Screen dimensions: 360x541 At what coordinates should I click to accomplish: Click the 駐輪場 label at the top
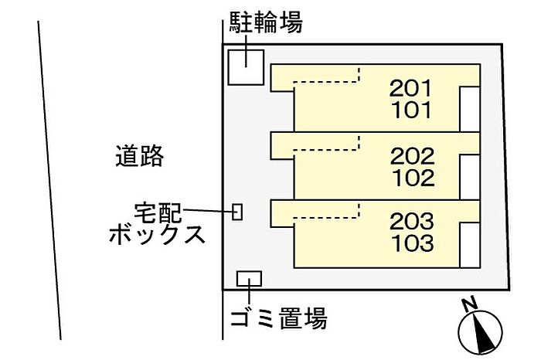tap(265, 23)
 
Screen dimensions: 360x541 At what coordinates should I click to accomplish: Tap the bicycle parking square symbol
tap(246, 66)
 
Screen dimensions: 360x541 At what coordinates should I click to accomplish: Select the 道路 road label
tap(140, 156)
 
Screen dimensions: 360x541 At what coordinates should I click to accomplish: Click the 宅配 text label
tap(158, 210)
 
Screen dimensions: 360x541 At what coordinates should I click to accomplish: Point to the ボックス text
tap(157, 233)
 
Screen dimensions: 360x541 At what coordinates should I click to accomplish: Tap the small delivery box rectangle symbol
tap(238, 211)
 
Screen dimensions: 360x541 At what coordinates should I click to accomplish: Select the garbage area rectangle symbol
tap(249, 278)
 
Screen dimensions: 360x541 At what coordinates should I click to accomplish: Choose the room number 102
tap(412, 178)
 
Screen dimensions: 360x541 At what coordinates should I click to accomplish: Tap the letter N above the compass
tap(469, 304)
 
